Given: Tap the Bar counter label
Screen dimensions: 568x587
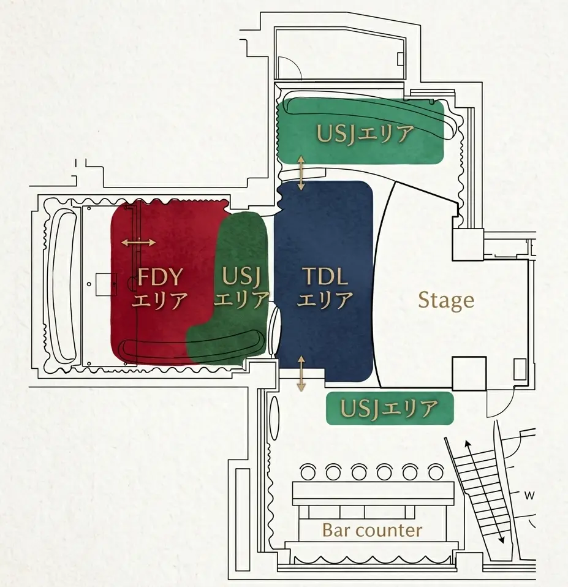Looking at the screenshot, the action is tap(372, 530).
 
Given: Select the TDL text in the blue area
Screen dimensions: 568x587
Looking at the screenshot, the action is tap(325, 276).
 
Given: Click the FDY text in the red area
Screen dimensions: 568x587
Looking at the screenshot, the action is tap(161, 277).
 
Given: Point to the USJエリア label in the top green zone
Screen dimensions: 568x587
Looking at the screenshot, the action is tap(365, 134).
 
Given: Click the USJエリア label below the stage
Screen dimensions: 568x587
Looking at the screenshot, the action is tap(390, 409).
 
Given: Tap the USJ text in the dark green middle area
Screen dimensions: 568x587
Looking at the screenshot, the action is tap(241, 276).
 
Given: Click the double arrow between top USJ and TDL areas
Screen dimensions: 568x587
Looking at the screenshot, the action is tap(301, 173).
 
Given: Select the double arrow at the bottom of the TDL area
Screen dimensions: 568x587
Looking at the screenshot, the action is tap(301, 373).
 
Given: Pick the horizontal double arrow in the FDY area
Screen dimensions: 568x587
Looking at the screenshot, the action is tap(138, 243).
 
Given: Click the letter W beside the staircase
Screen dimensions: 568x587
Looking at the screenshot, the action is tap(529, 496).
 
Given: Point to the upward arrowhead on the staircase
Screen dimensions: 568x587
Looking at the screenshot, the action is tap(468, 444).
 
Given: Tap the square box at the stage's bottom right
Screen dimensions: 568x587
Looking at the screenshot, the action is tap(469, 374).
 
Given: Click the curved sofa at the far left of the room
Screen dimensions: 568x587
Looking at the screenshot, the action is tap(62, 286).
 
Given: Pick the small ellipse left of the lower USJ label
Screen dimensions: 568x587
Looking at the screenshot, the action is tap(275, 416).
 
